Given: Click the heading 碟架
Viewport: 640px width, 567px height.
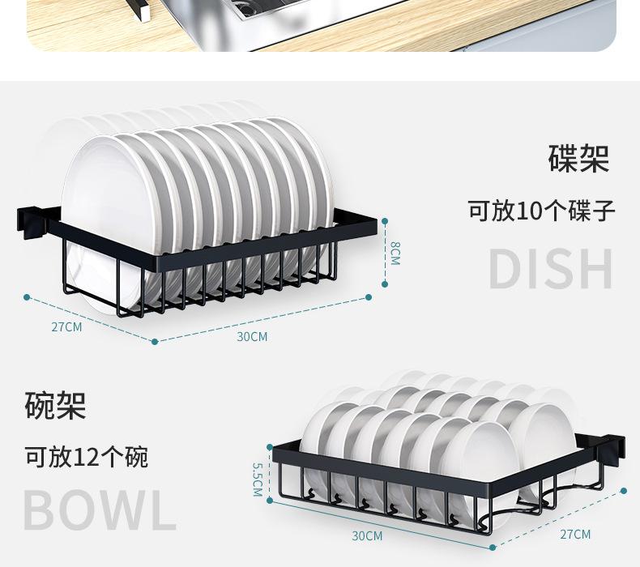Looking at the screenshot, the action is (578, 158).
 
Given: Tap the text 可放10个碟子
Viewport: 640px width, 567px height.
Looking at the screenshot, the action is (541, 211).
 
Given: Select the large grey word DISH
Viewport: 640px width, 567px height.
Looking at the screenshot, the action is (551, 270).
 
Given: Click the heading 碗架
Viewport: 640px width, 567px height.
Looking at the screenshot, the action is (55, 405).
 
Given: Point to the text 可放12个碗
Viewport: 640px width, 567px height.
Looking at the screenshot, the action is (86, 457).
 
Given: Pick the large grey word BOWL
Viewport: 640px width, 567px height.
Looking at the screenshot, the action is (99, 509).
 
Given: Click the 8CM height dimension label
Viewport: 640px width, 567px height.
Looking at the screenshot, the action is (395, 253).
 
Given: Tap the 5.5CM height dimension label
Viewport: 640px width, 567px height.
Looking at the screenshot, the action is (257, 479).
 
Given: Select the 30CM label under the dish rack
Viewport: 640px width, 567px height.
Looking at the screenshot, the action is (252, 336).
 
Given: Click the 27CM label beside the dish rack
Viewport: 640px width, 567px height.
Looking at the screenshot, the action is (66, 327).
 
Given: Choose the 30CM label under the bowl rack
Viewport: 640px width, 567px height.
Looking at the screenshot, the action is (367, 535).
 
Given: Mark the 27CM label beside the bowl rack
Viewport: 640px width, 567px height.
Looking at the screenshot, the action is (575, 534).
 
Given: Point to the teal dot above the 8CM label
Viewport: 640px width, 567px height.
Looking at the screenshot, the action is (386, 220).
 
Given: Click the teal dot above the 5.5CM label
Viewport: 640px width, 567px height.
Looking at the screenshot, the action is (268, 445).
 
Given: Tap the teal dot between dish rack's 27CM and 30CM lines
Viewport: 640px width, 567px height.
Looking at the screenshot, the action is (156, 341).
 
